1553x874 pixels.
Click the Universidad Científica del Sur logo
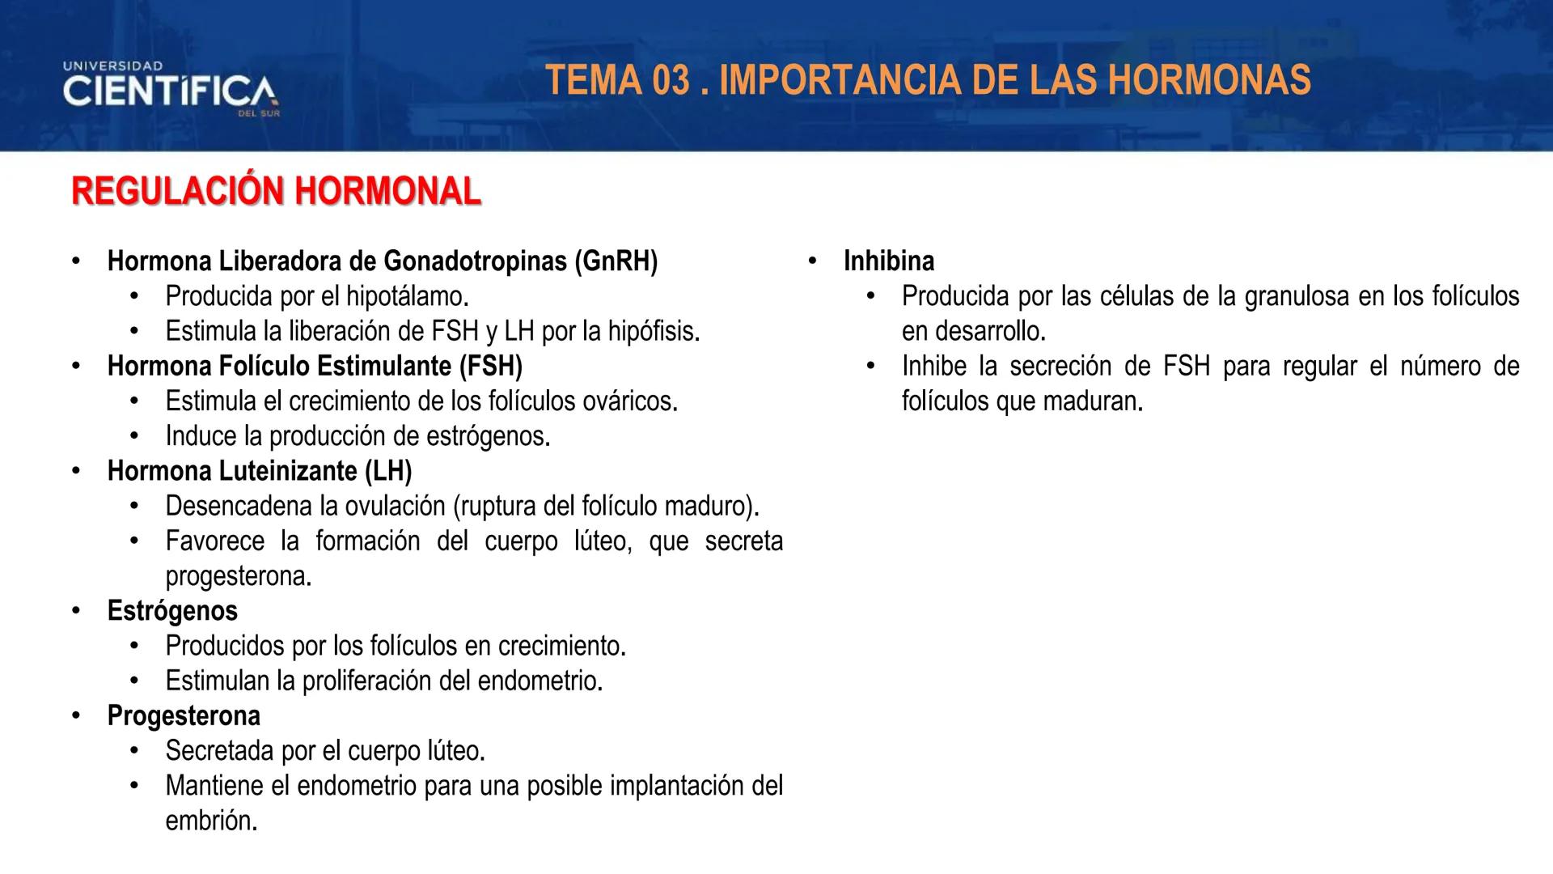click(171, 88)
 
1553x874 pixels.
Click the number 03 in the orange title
click(668, 80)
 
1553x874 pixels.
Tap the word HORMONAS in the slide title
click(1209, 80)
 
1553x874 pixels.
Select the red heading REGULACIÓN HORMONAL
click(276, 192)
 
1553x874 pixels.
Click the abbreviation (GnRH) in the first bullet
click(616, 261)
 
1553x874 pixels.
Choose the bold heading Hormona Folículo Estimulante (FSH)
click(315, 367)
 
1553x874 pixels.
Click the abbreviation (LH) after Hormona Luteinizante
click(387, 471)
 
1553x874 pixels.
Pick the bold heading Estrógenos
click(172, 611)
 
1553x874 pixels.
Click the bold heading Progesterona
click(184, 716)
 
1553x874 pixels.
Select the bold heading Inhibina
click(889, 261)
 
